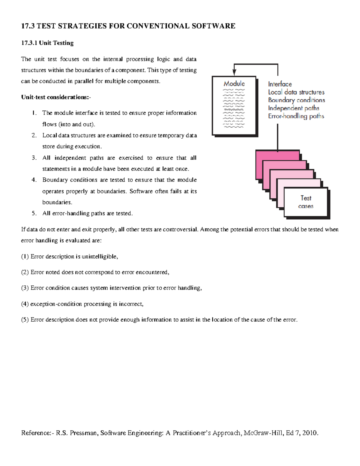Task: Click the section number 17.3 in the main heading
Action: tap(28, 26)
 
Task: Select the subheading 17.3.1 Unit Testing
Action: tap(47, 43)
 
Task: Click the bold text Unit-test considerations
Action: tap(55, 97)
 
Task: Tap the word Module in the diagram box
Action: tap(234, 84)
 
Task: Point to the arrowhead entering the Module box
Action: tap(234, 73)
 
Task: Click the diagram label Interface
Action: tap(280, 84)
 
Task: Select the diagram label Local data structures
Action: tap(296, 92)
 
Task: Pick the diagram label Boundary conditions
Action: tap(296, 100)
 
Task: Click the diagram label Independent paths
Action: tap(293, 108)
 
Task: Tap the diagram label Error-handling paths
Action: tap(296, 116)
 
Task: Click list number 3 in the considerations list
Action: tap(34, 158)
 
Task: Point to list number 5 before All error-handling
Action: tap(34, 213)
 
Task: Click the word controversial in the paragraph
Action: tap(180, 230)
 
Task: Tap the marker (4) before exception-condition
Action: tap(25, 304)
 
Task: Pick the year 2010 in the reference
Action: tap(310, 433)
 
